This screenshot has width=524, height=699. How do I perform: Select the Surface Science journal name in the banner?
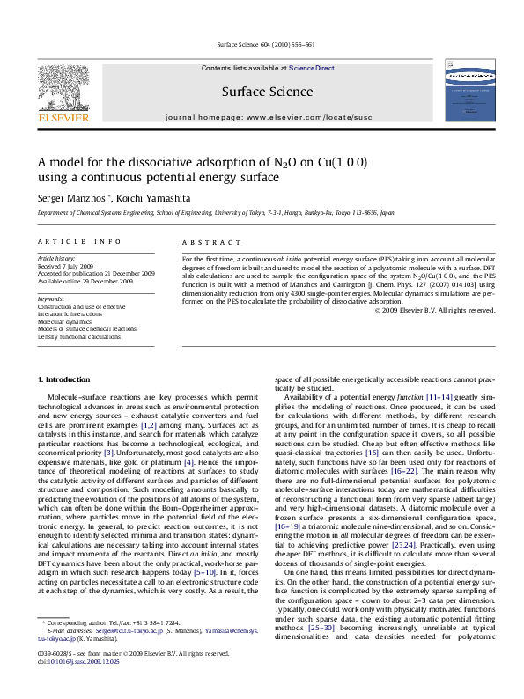(267, 92)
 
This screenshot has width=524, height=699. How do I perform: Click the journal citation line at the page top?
(262, 46)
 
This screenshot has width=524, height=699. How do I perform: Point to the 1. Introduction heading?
(63, 379)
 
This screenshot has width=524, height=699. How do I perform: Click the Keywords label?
(51, 298)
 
